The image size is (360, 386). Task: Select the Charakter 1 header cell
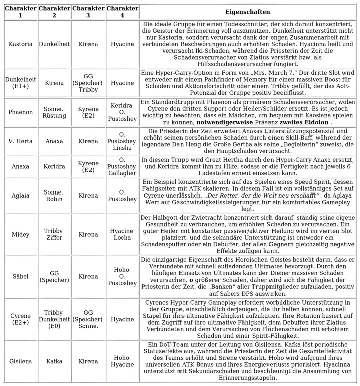20,12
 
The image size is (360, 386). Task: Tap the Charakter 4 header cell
122,12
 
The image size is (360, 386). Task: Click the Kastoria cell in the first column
20,44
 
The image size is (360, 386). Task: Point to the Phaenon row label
20,112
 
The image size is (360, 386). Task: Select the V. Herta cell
20,141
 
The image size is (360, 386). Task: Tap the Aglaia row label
20,195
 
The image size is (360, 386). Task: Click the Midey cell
20,234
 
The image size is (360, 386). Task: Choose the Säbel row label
20,276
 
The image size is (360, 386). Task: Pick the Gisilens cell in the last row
20,361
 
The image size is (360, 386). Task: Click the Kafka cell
54,361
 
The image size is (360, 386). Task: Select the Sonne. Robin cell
54,195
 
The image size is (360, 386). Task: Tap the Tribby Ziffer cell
54,234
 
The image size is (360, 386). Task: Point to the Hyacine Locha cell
122,234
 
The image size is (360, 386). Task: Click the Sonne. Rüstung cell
54,112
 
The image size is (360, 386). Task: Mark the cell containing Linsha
122,141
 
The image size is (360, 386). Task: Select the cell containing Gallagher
122,166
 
